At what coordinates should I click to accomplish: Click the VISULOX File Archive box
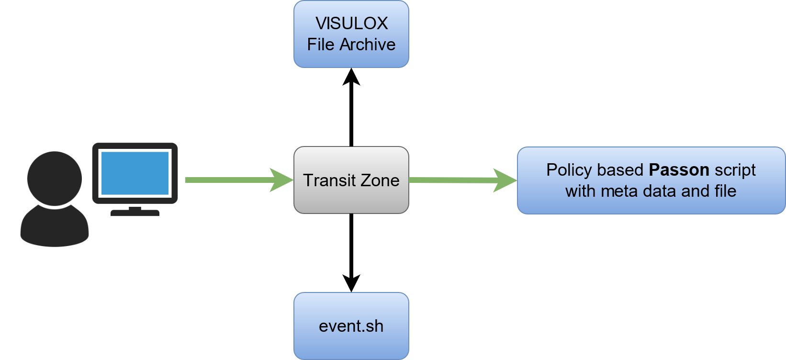[351, 34]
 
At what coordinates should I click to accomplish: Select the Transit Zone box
[351, 180]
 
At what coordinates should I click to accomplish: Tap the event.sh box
[351, 326]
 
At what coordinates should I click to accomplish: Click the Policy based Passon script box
[651, 180]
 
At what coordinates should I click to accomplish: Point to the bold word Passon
[679, 170]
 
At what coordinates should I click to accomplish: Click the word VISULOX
[351, 23]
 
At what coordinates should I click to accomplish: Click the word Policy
[569, 170]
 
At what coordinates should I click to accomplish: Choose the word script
[735, 170]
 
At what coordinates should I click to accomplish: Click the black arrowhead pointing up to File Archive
[351, 77]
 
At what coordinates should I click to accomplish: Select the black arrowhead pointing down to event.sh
[351, 283]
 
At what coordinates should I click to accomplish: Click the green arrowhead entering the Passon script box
[505, 180]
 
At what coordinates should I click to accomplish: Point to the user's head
[54, 178]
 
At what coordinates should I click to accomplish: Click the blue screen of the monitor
[135, 173]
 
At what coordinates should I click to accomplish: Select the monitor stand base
[135, 213]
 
